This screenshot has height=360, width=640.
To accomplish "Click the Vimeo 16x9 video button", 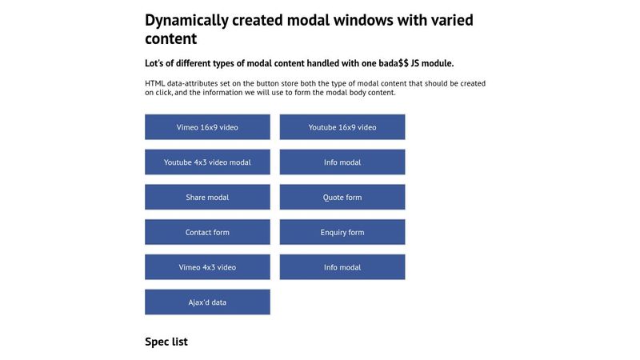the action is (x=207, y=127).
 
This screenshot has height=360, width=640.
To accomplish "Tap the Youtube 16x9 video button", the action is (x=342, y=127).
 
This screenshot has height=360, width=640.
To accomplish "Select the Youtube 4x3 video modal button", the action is (x=207, y=162).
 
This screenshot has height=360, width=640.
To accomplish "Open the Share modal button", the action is (x=207, y=197).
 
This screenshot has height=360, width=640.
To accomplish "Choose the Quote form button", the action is (x=342, y=197).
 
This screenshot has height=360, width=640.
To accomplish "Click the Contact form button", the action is (x=207, y=232).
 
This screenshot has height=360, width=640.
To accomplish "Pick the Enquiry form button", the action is (x=342, y=232).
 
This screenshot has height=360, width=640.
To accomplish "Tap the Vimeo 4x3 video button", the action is (x=207, y=267).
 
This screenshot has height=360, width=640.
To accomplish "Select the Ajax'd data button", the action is (x=207, y=302).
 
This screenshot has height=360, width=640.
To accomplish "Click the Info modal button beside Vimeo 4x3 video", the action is (x=342, y=267).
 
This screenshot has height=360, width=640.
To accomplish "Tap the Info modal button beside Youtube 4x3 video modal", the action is (x=342, y=162).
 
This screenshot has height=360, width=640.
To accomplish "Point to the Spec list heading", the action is (x=166, y=342).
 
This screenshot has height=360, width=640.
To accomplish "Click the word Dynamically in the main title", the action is (x=186, y=21).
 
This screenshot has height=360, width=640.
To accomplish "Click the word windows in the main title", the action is (x=363, y=20).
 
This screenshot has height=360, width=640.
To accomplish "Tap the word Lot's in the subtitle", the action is (x=154, y=63).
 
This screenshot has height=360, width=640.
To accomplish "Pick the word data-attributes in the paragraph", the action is (x=192, y=83).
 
